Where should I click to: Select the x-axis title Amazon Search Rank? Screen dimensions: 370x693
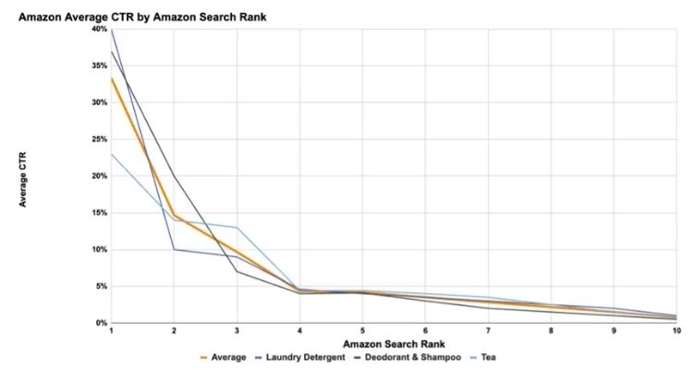point(395,343)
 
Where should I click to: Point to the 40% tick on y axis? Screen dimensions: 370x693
point(99,29)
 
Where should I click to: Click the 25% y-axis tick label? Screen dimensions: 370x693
point(99,139)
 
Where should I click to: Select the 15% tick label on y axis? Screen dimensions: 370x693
point(99,213)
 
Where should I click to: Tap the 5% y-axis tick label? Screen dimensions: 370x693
point(101,287)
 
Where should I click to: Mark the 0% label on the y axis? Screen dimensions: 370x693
point(101,323)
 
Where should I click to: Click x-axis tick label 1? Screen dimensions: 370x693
point(111,330)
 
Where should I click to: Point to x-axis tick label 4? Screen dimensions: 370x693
point(299,330)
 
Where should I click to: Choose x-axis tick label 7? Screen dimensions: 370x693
point(488,330)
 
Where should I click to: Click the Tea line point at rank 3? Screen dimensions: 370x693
point(237,228)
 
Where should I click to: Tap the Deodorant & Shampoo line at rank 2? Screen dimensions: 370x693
point(174,176)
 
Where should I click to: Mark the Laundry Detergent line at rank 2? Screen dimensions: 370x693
point(174,250)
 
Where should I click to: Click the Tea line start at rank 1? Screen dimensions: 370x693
point(111,154)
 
